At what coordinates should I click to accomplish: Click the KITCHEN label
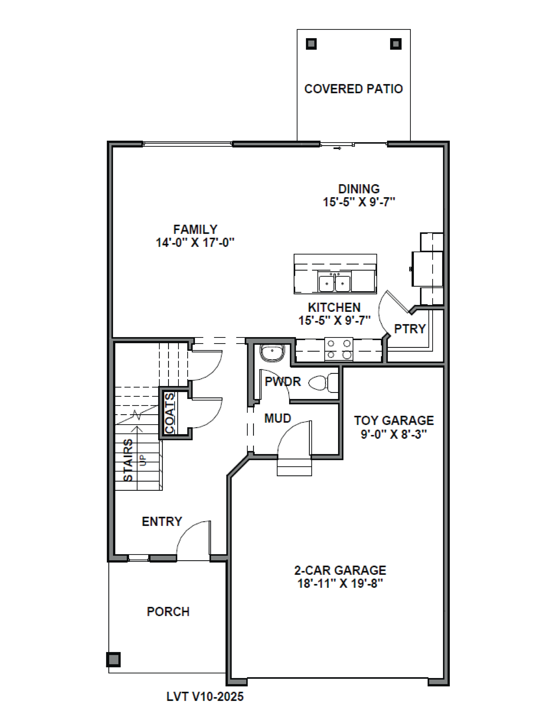tap(334, 307)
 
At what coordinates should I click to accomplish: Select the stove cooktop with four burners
tap(339, 349)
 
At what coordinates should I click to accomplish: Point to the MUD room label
tap(278, 418)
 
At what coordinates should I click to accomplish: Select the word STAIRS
tap(128, 460)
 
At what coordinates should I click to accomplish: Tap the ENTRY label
tap(162, 522)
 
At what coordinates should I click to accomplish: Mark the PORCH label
tap(168, 612)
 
